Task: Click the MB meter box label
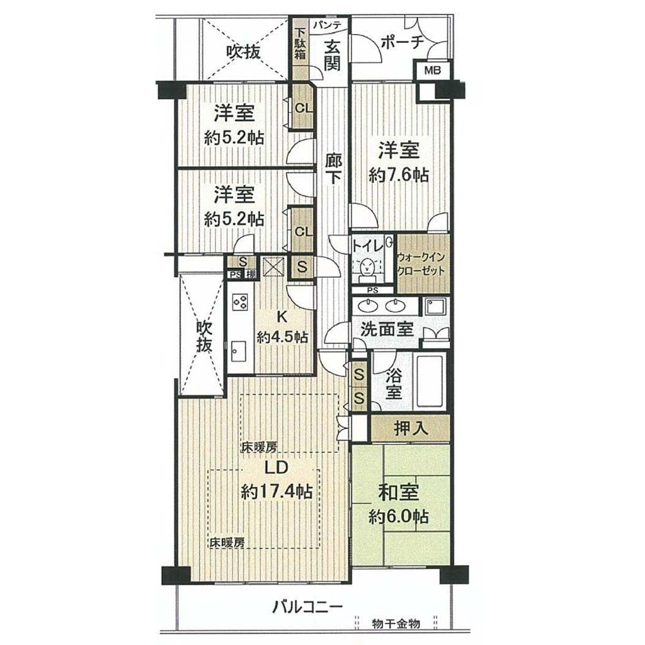pyautogui.click(x=432, y=71)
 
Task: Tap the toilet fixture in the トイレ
pyautogui.click(x=366, y=269)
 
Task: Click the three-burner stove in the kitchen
pyautogui.click(x=240, y=302)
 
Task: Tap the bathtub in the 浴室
pyautogui.click(x=430, y=381)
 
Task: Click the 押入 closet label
pyautogui.click(x=411, y=429)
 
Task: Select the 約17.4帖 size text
pyautogui.click(x=277, y=491)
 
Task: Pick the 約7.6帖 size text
pyautogui.click(x=399, y=176)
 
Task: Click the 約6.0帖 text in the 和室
pyautogui.click(x=399, y=517)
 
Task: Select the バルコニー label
pyautogui.click(x=307, y=607)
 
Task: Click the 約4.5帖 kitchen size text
pyautogui.click(x=283, y=338)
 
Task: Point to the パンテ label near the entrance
pyautogui.click(x=328, y=25)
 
